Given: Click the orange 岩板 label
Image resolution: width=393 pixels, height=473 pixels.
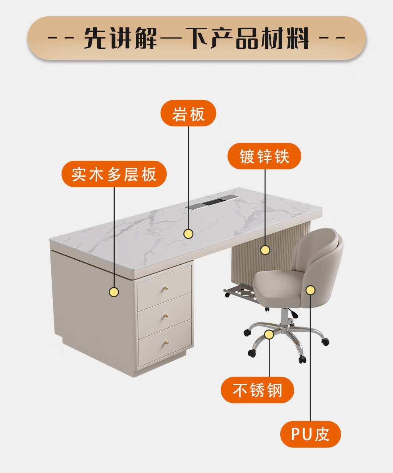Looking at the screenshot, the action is pyautogui.click(x=188, y=113).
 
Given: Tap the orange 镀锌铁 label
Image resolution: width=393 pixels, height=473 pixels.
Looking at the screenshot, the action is pyautogui.click(x=264, y=156).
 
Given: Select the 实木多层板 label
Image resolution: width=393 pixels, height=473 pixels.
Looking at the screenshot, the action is pyautogui.click(x=114, y=174).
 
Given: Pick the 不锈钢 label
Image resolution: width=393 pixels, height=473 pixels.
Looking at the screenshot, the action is pyautogui.click(x=257, y=390).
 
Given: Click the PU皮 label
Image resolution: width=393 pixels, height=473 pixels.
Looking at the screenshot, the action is pyautogui.click(x=310, y=434).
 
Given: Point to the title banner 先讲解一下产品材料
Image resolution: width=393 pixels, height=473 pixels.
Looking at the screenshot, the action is pyautogui.click(x=196, y=38).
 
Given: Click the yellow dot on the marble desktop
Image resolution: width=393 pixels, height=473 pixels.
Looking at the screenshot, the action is pyautogui.click(x=189, y=234).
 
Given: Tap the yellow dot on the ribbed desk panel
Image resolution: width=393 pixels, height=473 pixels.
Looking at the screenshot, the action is pyautogui.click(x=265, y=250).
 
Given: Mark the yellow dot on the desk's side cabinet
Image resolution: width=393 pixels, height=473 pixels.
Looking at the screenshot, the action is pyautogui.click(x=114, y=292).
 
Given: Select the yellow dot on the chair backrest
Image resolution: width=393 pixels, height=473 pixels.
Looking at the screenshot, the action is pyautogui.click(x=310, y=290).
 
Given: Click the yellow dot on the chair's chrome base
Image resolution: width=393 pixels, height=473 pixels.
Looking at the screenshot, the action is pyautogui.click(x=269, y=334).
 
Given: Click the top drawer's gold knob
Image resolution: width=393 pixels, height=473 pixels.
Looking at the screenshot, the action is pyautogui.click(x=166, y=288).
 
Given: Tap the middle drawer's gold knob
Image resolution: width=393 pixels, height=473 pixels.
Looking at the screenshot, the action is pyautogui.click(x=166, y=316).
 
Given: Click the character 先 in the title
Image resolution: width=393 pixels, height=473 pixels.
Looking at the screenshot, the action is pyautogui.click(x=95, y=39).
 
